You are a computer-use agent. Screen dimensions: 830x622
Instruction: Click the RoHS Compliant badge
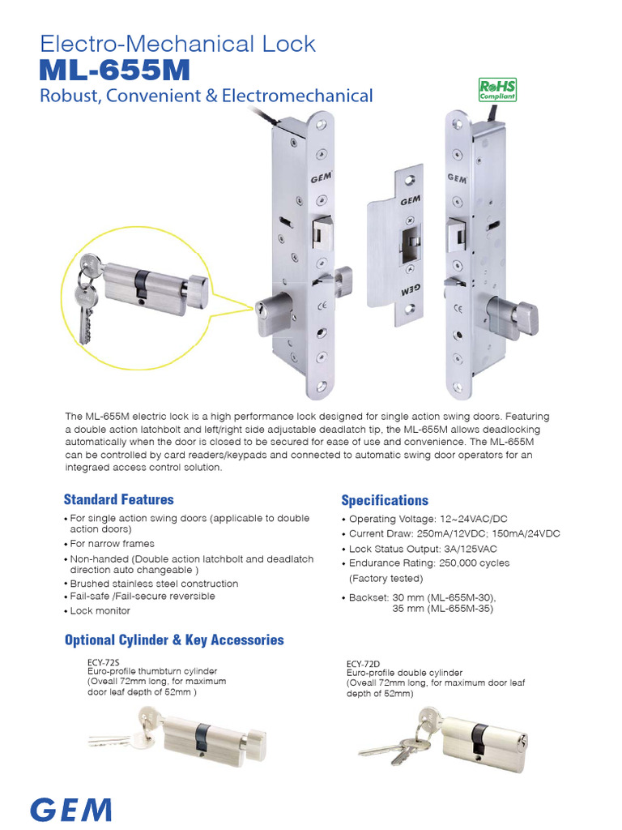pyautogui.click(x=497, y=88)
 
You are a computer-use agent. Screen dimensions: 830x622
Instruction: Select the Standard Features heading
pyautogui.click(x=118, y=499)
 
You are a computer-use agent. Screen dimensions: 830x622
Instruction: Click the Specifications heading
pyautogui.click(x=385, y=500)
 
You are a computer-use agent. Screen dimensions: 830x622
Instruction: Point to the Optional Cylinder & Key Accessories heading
pyautogui.click(x=174, y=640)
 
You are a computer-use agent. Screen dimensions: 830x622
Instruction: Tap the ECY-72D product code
pyautogui.click(x=362, y=664)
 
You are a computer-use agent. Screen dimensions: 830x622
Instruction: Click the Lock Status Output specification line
pyautogui.click(x=423, y=549)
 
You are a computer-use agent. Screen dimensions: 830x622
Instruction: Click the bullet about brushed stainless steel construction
pyautogui.click(x=154, y=584)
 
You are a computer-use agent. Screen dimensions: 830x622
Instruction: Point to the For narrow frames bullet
pyautogui.click(x=112, y=544)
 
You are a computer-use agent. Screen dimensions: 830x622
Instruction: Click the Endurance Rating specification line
pyautogui.click(x=429, y=563)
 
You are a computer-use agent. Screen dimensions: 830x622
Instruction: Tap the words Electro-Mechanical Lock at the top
pyautogui.click(x=178, y=43)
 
